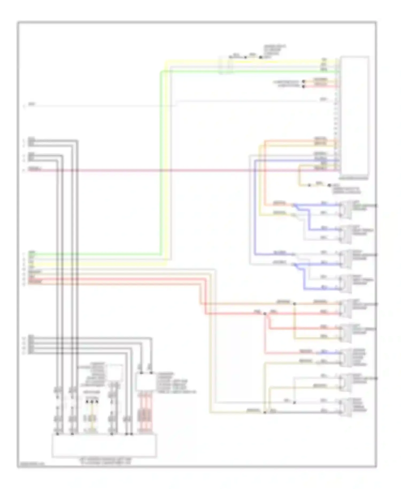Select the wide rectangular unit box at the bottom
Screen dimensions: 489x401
(104, 445)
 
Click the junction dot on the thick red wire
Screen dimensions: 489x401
(265, 314)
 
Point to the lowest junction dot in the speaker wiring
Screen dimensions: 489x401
(265, 412)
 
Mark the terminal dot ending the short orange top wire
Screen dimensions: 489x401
(303, 81)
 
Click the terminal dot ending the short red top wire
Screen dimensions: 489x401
(303, 86)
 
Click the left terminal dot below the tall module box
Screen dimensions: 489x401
(309, 185)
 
